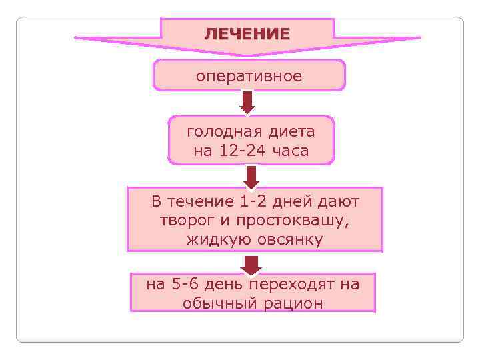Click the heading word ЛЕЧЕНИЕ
pyautogui.click(x=247, y=34)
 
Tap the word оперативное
pyautogui.click(x=249, y=76)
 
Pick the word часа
pyautogui.click(x=290, y=151)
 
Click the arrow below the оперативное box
pyautogui.click(x=248, y=102)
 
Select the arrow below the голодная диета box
pyautogui.click(x=251, y=176)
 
